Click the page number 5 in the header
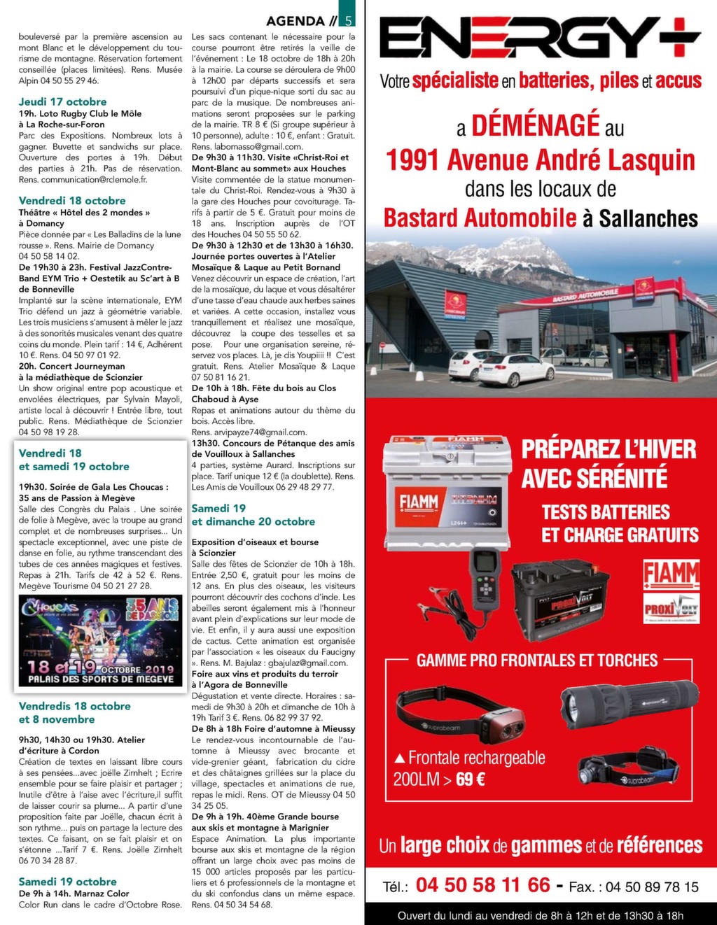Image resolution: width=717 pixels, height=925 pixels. point(349,21)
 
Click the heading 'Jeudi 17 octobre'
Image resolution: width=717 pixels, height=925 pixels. point(63,101)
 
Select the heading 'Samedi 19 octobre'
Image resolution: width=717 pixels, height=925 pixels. point(68,882)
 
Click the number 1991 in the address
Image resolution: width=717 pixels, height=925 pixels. point(413,161)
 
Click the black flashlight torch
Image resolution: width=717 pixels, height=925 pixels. point(629,700)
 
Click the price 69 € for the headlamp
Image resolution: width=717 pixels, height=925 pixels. point(470,779)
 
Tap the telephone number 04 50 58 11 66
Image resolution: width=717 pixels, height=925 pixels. point(482,885)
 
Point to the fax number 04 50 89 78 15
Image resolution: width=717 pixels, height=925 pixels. point(652,887)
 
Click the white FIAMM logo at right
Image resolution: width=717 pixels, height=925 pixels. point(671,574)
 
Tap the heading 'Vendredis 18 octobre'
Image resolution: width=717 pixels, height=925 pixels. point(75,706)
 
